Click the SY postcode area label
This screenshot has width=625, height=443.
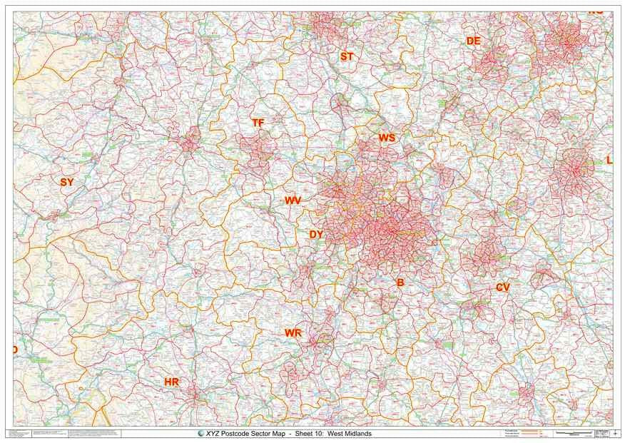(x=66, y=182)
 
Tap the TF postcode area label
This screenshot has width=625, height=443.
(x=258, y=123)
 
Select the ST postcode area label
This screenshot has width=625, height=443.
(x=347, y=56)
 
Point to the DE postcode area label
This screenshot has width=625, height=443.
(x=473, y=41)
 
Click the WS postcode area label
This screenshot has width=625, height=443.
(x=387, y=137)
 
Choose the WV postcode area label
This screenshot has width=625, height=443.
(x=293, y=200)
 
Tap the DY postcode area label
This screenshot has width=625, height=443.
(x=316, y=234)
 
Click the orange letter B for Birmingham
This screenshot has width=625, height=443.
(x=400, y=282)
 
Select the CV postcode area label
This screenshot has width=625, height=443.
(x=503, y=287)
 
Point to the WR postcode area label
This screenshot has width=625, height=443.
(x=293, y=333)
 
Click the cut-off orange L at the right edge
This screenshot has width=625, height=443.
(x=609, y=161)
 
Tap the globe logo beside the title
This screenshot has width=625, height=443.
(x=200, y=434)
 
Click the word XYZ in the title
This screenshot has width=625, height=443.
(x=212, y=434)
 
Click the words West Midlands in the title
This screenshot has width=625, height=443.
(x=350, y=434)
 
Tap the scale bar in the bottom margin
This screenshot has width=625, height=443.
(x=574, y=433)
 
